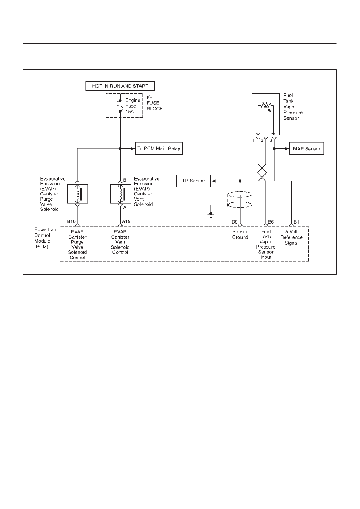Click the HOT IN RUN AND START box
click(x=120, y=86)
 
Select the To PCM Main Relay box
click(x=159, y=148)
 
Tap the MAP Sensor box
click(x=307, y=149)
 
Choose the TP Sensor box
click(x=194, y=181)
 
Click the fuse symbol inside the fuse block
click(x=120, y=106)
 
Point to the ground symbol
click(x=211, y=215)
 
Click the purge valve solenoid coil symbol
click(x=78, y=194)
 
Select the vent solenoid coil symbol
click(x=121, y=194)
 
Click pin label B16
click(x=71, y=221)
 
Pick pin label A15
click(x=126, y=221)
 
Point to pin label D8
click(x=235, y=222)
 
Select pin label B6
click(x=271, y=222)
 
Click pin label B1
click(x=296, y=222)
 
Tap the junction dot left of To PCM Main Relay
click(x=120, y=148)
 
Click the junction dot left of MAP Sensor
click(x=274, y=148)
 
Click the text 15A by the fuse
click(x=129, y=112)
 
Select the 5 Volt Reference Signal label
click(x=291, y=237)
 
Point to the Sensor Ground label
click(x=240, y=234)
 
